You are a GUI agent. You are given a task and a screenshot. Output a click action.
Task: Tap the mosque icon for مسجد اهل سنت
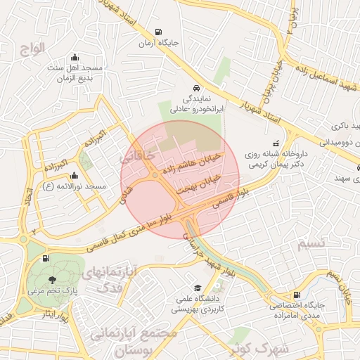75,58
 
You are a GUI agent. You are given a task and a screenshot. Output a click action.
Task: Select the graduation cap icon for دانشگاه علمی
198,288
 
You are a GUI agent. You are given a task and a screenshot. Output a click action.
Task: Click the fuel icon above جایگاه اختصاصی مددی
297,295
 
